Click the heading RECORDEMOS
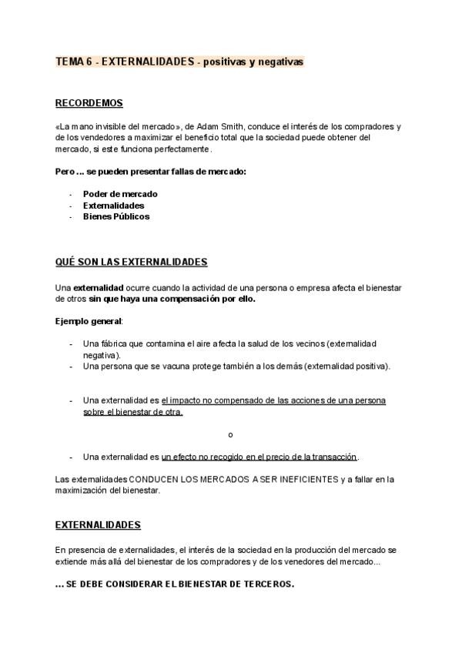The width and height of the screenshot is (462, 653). point(89,103)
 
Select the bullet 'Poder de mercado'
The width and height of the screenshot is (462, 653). point(120,194)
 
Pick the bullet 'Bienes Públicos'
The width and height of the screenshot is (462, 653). point(116,216)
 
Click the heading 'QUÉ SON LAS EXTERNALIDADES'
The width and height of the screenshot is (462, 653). point(132,262)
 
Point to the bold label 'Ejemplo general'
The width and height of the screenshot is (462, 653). point(89,320)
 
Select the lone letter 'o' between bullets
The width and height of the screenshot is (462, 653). point(231,434)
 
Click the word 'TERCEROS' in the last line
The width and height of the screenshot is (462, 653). point(266,584)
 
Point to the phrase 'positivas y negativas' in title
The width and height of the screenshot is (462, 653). point(253,62)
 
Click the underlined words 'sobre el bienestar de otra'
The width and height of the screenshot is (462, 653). point(132,412)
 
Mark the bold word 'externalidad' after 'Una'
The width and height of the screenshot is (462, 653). point(98,287)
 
